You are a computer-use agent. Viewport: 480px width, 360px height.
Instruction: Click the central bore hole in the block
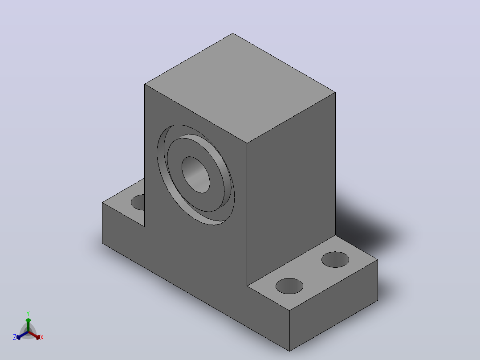tap(196, 175)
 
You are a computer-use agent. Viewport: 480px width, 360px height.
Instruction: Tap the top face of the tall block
tap(240, 87)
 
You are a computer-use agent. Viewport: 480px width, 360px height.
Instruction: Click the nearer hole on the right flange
tap(289, 286)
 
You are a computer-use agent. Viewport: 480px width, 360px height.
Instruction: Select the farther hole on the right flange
tap(335, 259)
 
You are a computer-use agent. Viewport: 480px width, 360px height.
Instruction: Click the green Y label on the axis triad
tap(28, 313)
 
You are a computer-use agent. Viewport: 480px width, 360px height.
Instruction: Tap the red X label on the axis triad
tap(42, 337)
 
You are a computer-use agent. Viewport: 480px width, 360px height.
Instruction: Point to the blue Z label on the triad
tap(14, 337)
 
